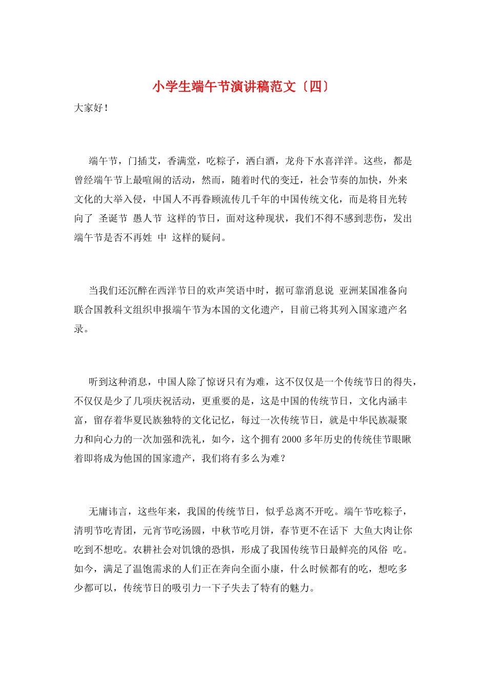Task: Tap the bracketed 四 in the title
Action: (316, 87)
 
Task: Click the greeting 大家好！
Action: (91, 108)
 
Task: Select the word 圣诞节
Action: (113, 218)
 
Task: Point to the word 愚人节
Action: (147, 218)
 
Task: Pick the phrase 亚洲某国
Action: (358, 291)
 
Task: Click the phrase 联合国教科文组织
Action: (113, 310)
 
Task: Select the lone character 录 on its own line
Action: (79, 329)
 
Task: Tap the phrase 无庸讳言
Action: (108, 512)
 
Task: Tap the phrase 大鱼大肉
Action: (374, 531)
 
